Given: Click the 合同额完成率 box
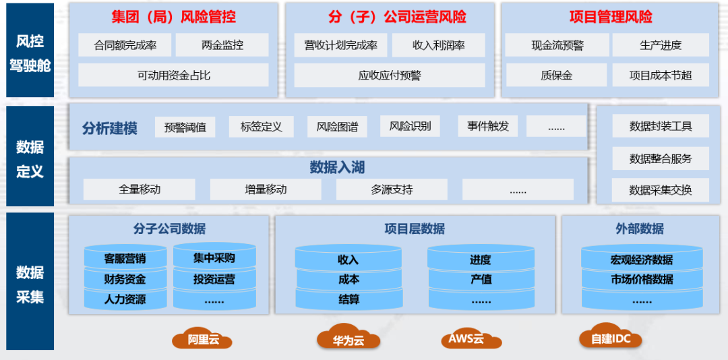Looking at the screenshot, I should pos(125,46).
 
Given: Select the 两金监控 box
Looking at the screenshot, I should pos(222,46).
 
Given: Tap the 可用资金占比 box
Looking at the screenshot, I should pos(173,76).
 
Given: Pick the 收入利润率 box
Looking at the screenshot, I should pos(438,46).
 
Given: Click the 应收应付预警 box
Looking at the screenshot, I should pos(389,76).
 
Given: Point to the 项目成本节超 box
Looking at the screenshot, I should pos(660,76).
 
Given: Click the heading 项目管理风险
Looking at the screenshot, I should pos(611,17).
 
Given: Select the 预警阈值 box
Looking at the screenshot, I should pos(185,127).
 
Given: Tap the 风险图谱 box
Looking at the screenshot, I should pos(337,127).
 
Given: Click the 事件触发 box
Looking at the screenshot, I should pos(488,126).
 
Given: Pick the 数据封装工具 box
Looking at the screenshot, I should pos(660,126).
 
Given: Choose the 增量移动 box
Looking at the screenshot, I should pos(266,189).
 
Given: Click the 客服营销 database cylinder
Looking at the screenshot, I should pos(125,258).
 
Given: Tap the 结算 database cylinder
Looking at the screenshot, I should pos(348,299).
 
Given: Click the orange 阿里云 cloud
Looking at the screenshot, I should pos(203,338).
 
